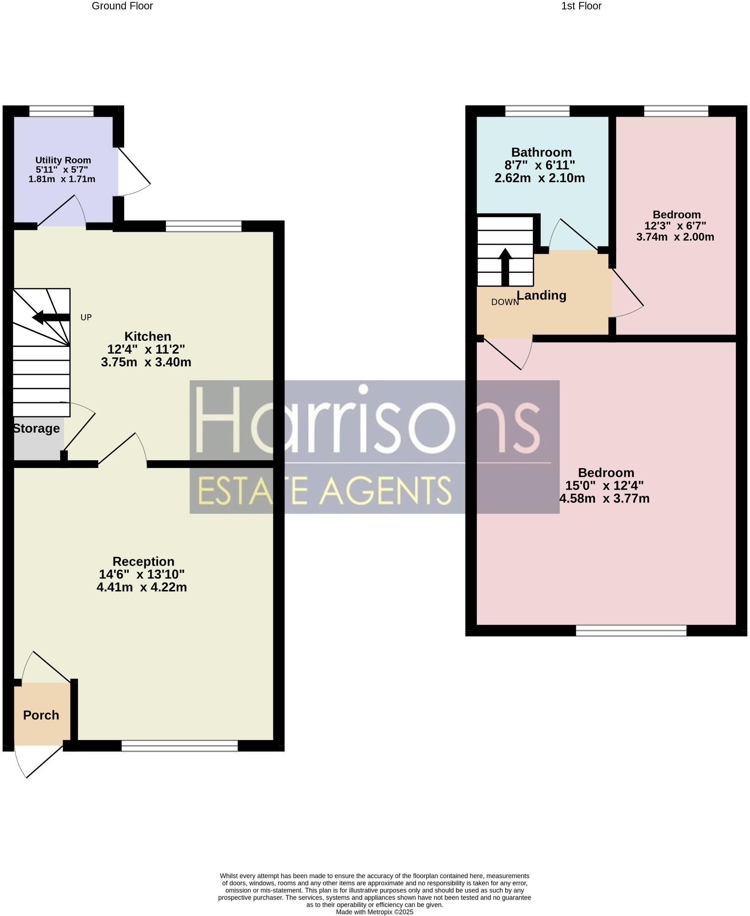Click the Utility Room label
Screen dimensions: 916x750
click(63, 160)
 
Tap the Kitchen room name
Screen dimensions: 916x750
click(148, 337)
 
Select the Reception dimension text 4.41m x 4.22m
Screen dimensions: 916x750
click(142, 587)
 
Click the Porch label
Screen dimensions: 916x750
click(41, 715)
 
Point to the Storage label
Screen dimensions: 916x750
click(37, 429)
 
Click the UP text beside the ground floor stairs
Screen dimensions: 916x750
click(86, 317)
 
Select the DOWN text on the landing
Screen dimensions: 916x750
click(504, 302)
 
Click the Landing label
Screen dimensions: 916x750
click(542, 295)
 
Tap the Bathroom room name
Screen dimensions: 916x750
click(541, 153)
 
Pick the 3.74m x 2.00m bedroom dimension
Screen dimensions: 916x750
click(675, 237)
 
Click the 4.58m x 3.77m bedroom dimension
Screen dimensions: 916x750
click(604, 499)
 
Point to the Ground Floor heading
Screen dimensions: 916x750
click(122, 6)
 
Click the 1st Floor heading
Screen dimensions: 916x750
click(581, 6)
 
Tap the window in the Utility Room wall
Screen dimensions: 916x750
click(61, 111)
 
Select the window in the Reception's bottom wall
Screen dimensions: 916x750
click(180, 746)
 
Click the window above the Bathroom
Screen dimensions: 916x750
click(537, 111)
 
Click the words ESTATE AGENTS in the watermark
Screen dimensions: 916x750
click(324, 491)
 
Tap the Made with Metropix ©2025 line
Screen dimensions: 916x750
click(374, 912)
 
